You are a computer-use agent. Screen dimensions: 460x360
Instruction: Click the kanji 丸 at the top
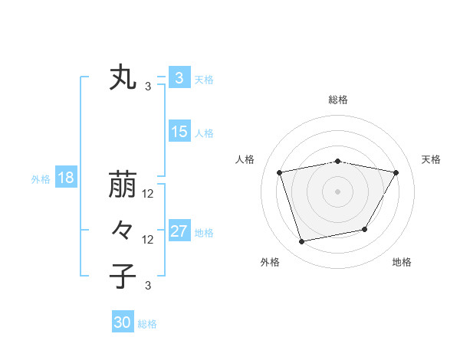123,79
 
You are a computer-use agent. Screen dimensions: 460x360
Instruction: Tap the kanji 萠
123,185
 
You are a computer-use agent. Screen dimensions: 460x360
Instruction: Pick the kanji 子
123,277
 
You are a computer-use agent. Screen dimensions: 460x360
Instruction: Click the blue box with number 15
179,132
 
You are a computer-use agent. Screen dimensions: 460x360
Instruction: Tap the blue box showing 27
179,231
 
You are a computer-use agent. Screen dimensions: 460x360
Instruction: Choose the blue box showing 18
66,178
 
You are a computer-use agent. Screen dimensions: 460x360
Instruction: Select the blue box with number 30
123,322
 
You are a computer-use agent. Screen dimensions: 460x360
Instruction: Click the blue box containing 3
179,78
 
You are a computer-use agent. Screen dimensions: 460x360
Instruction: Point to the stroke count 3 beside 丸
148,87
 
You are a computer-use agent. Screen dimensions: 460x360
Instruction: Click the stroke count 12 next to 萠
148,194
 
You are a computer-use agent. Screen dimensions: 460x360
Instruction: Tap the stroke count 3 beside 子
148,286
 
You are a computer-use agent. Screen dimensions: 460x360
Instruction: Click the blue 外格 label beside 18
41,179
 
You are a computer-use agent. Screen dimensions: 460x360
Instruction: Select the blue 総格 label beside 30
147,324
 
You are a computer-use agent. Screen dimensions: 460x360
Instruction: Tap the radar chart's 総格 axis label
337,100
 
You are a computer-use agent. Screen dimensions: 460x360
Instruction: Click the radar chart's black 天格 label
431,159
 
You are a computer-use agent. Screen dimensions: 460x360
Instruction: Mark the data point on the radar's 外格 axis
302,241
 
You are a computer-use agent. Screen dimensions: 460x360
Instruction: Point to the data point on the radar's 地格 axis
365,229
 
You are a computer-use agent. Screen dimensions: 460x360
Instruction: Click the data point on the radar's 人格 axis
280,172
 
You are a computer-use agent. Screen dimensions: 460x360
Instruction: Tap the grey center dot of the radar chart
337,191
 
